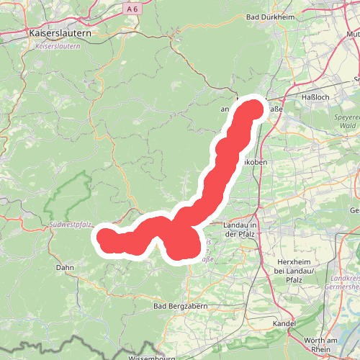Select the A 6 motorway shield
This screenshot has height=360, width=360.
pos(130,9)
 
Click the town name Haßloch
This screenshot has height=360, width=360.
pos(315,96)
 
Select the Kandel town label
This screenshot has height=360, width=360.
pos(285,323)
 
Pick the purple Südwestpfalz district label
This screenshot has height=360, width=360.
pos(71,225)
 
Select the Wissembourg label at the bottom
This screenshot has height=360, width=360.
pos(150,357)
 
